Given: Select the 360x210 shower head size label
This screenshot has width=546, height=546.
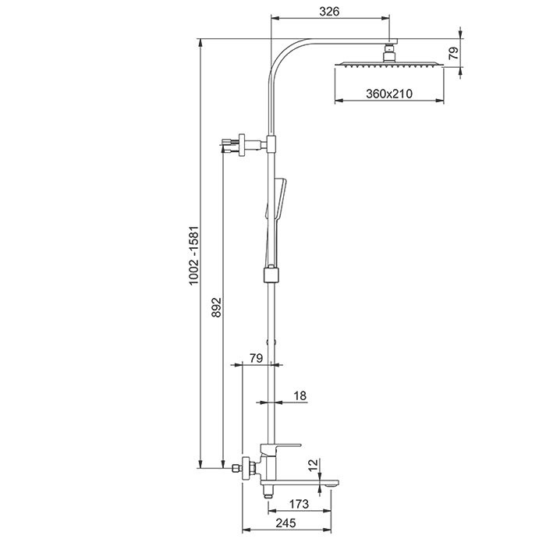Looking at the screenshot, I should point(388,94).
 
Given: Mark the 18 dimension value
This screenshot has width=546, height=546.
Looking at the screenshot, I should point(300,396).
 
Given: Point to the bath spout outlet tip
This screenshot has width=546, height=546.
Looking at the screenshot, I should point(331,484).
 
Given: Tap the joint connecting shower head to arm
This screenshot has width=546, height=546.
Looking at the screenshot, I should point(388,53).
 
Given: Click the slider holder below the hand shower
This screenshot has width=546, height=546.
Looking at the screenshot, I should point(271,274).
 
